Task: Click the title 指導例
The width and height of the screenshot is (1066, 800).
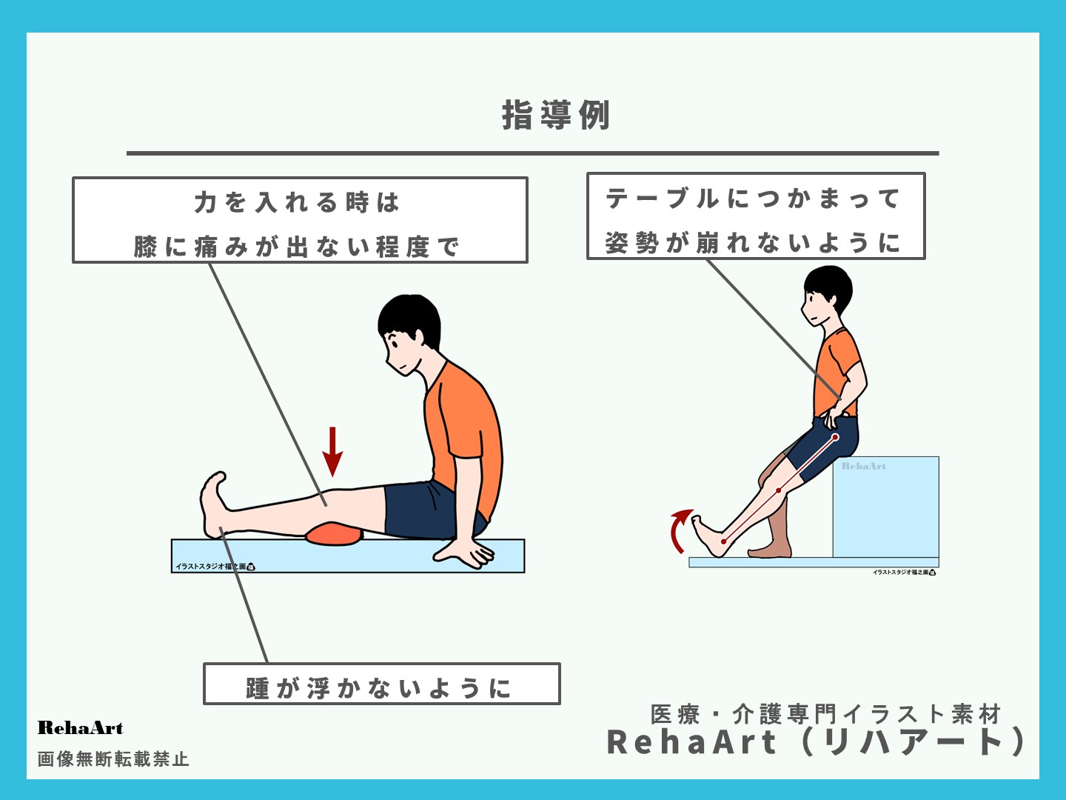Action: [x=556, y=116]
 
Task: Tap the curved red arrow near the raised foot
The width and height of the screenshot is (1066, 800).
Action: [x=678, y=530]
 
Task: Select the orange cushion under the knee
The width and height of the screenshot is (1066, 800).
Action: [x=335, y=533]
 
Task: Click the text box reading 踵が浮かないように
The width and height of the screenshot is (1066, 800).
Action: [x=381, y=684]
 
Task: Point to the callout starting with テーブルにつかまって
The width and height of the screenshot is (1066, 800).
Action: [x=756, y=216]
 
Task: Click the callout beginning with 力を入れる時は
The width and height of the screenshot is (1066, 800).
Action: [x=300, y=220]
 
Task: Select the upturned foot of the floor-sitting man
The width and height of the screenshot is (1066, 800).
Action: [x=214, y=504]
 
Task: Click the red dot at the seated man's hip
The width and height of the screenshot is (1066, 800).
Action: [x=836, y=438]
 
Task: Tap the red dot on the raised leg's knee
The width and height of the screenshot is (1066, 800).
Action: [x=778, y=490]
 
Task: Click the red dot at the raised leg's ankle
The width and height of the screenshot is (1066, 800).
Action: [x=723, y=541]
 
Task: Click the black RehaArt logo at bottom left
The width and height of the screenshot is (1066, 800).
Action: [x=80, y=728]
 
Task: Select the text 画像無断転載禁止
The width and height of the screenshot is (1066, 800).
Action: [x=113, y=759]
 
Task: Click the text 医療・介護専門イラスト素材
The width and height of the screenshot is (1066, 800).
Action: [x=825, y=714]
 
